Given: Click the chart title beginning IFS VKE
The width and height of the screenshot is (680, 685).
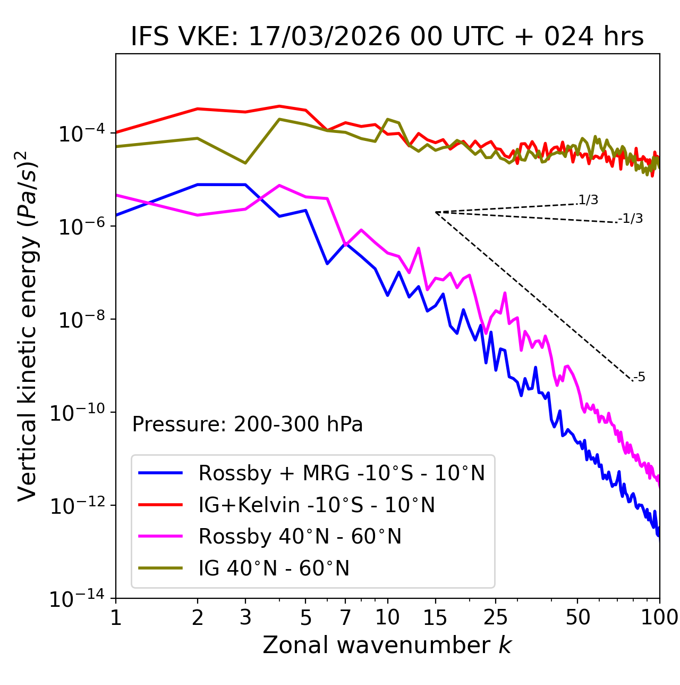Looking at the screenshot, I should (x=387, y=37).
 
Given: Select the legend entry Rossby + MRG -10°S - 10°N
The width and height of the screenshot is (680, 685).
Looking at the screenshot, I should (x=342, y=473).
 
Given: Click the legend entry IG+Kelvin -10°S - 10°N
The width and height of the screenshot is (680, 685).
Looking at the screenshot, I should (x=317, y=505).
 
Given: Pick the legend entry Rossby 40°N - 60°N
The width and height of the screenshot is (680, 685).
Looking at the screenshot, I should (x=300, y=537).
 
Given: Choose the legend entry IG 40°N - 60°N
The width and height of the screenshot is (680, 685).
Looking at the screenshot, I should (x=274, y=569).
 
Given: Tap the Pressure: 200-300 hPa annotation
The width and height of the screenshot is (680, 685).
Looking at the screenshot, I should (x=248, y=424).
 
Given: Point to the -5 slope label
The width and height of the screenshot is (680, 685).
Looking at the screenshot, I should (x=639, y=378).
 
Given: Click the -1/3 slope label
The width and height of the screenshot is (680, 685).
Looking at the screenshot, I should (x=631, y=219).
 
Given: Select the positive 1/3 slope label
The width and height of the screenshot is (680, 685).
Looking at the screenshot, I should (x=588, y=200).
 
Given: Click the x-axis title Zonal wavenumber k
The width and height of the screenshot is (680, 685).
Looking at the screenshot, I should (x=387, y=645).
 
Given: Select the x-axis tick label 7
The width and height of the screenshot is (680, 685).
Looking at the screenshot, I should (x=345, y=617).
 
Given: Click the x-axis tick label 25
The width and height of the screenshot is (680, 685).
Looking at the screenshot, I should (x=496, y=617).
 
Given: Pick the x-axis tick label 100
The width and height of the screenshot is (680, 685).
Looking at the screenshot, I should (x=659, y=617).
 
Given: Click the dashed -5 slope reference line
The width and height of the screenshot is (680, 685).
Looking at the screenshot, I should (x=534, y=296).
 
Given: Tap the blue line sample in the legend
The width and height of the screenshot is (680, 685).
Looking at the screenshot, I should (x=160, y=473).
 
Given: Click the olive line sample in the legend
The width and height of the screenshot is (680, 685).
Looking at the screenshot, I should (x=160, y=569).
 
